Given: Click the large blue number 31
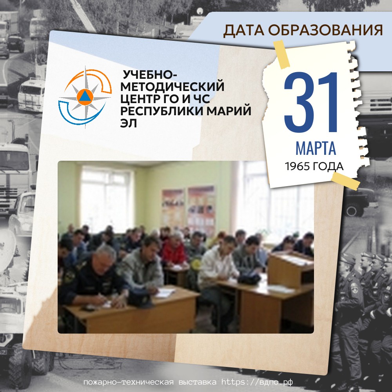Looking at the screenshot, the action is [x=311, y=102].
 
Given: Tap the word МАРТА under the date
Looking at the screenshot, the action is [x=316, y=148].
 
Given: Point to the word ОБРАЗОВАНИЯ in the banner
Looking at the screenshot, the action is [x=325, y=30].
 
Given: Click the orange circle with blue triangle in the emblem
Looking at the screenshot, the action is [x=85, y=97].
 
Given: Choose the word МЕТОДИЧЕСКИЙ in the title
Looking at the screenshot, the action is [x=172, y=87].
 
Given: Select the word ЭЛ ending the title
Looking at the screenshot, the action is [x=129, y=123].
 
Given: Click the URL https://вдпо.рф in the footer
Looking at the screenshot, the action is [x=257, y=382].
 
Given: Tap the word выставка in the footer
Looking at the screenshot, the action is [x=198, y=382].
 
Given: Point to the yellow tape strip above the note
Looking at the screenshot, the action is [x=281, y=54].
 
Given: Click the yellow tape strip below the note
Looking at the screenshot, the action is [x=345, y=181].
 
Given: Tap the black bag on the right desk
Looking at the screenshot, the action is [x=249, y=278].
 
